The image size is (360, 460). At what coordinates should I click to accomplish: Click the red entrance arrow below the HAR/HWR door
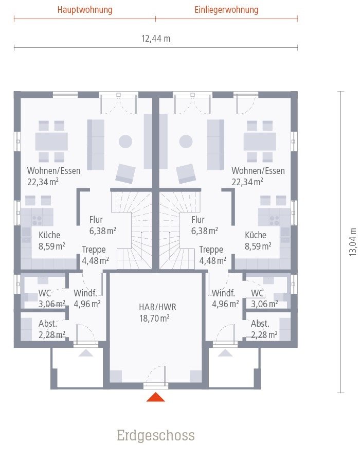(x=156, y=397)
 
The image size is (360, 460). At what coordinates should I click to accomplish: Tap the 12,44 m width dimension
(x=156, y=39)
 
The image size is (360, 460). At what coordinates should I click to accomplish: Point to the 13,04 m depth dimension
(x=353, y=242)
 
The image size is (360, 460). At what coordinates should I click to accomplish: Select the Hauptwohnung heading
(x=85, y=10)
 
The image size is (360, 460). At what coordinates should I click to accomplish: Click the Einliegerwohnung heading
(x=226, y=10)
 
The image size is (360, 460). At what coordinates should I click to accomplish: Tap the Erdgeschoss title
(x=156, y=435)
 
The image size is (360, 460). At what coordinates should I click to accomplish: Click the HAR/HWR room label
(x=157, y=307)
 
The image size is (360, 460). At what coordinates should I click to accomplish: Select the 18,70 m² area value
(x=154, y=319)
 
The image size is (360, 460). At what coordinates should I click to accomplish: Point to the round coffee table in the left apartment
(x=125, y=141)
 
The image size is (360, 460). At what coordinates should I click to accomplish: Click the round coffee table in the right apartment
(x=186, y=141)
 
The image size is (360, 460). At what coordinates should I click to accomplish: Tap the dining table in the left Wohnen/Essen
(x=51, y=141)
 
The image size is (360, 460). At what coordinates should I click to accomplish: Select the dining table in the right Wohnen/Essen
(x=260, y=141)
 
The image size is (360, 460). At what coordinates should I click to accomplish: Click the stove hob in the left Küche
(x=37, y=219)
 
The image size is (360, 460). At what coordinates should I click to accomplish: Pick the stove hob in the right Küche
(x=275, y=219)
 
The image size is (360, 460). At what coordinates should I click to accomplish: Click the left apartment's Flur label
(x=96, y=219)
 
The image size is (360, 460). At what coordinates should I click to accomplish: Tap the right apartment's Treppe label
(x=211, y=250)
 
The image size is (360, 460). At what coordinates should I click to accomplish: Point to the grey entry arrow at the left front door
(x=86, y=353)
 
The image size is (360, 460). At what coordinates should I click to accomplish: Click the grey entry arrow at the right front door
(x=225, y=353)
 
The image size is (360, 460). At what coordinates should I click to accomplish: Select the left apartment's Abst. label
(x=48, y=324)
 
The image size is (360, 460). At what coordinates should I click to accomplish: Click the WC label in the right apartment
(x=257, y=293)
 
